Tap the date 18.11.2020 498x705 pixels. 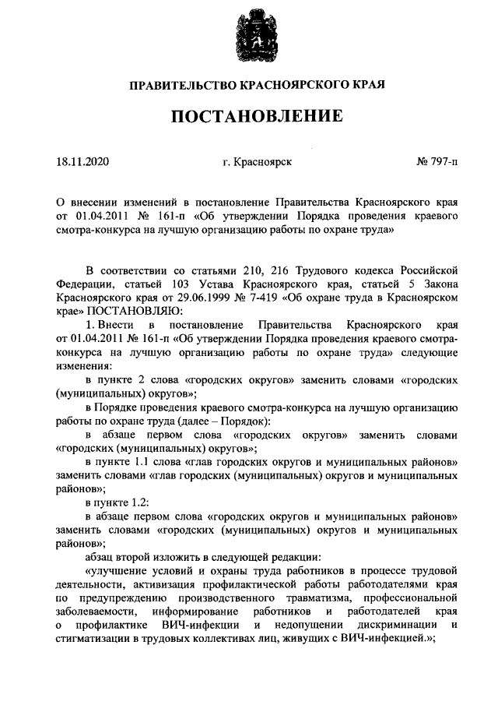(83, 163)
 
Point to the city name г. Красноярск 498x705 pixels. (257, 163)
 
